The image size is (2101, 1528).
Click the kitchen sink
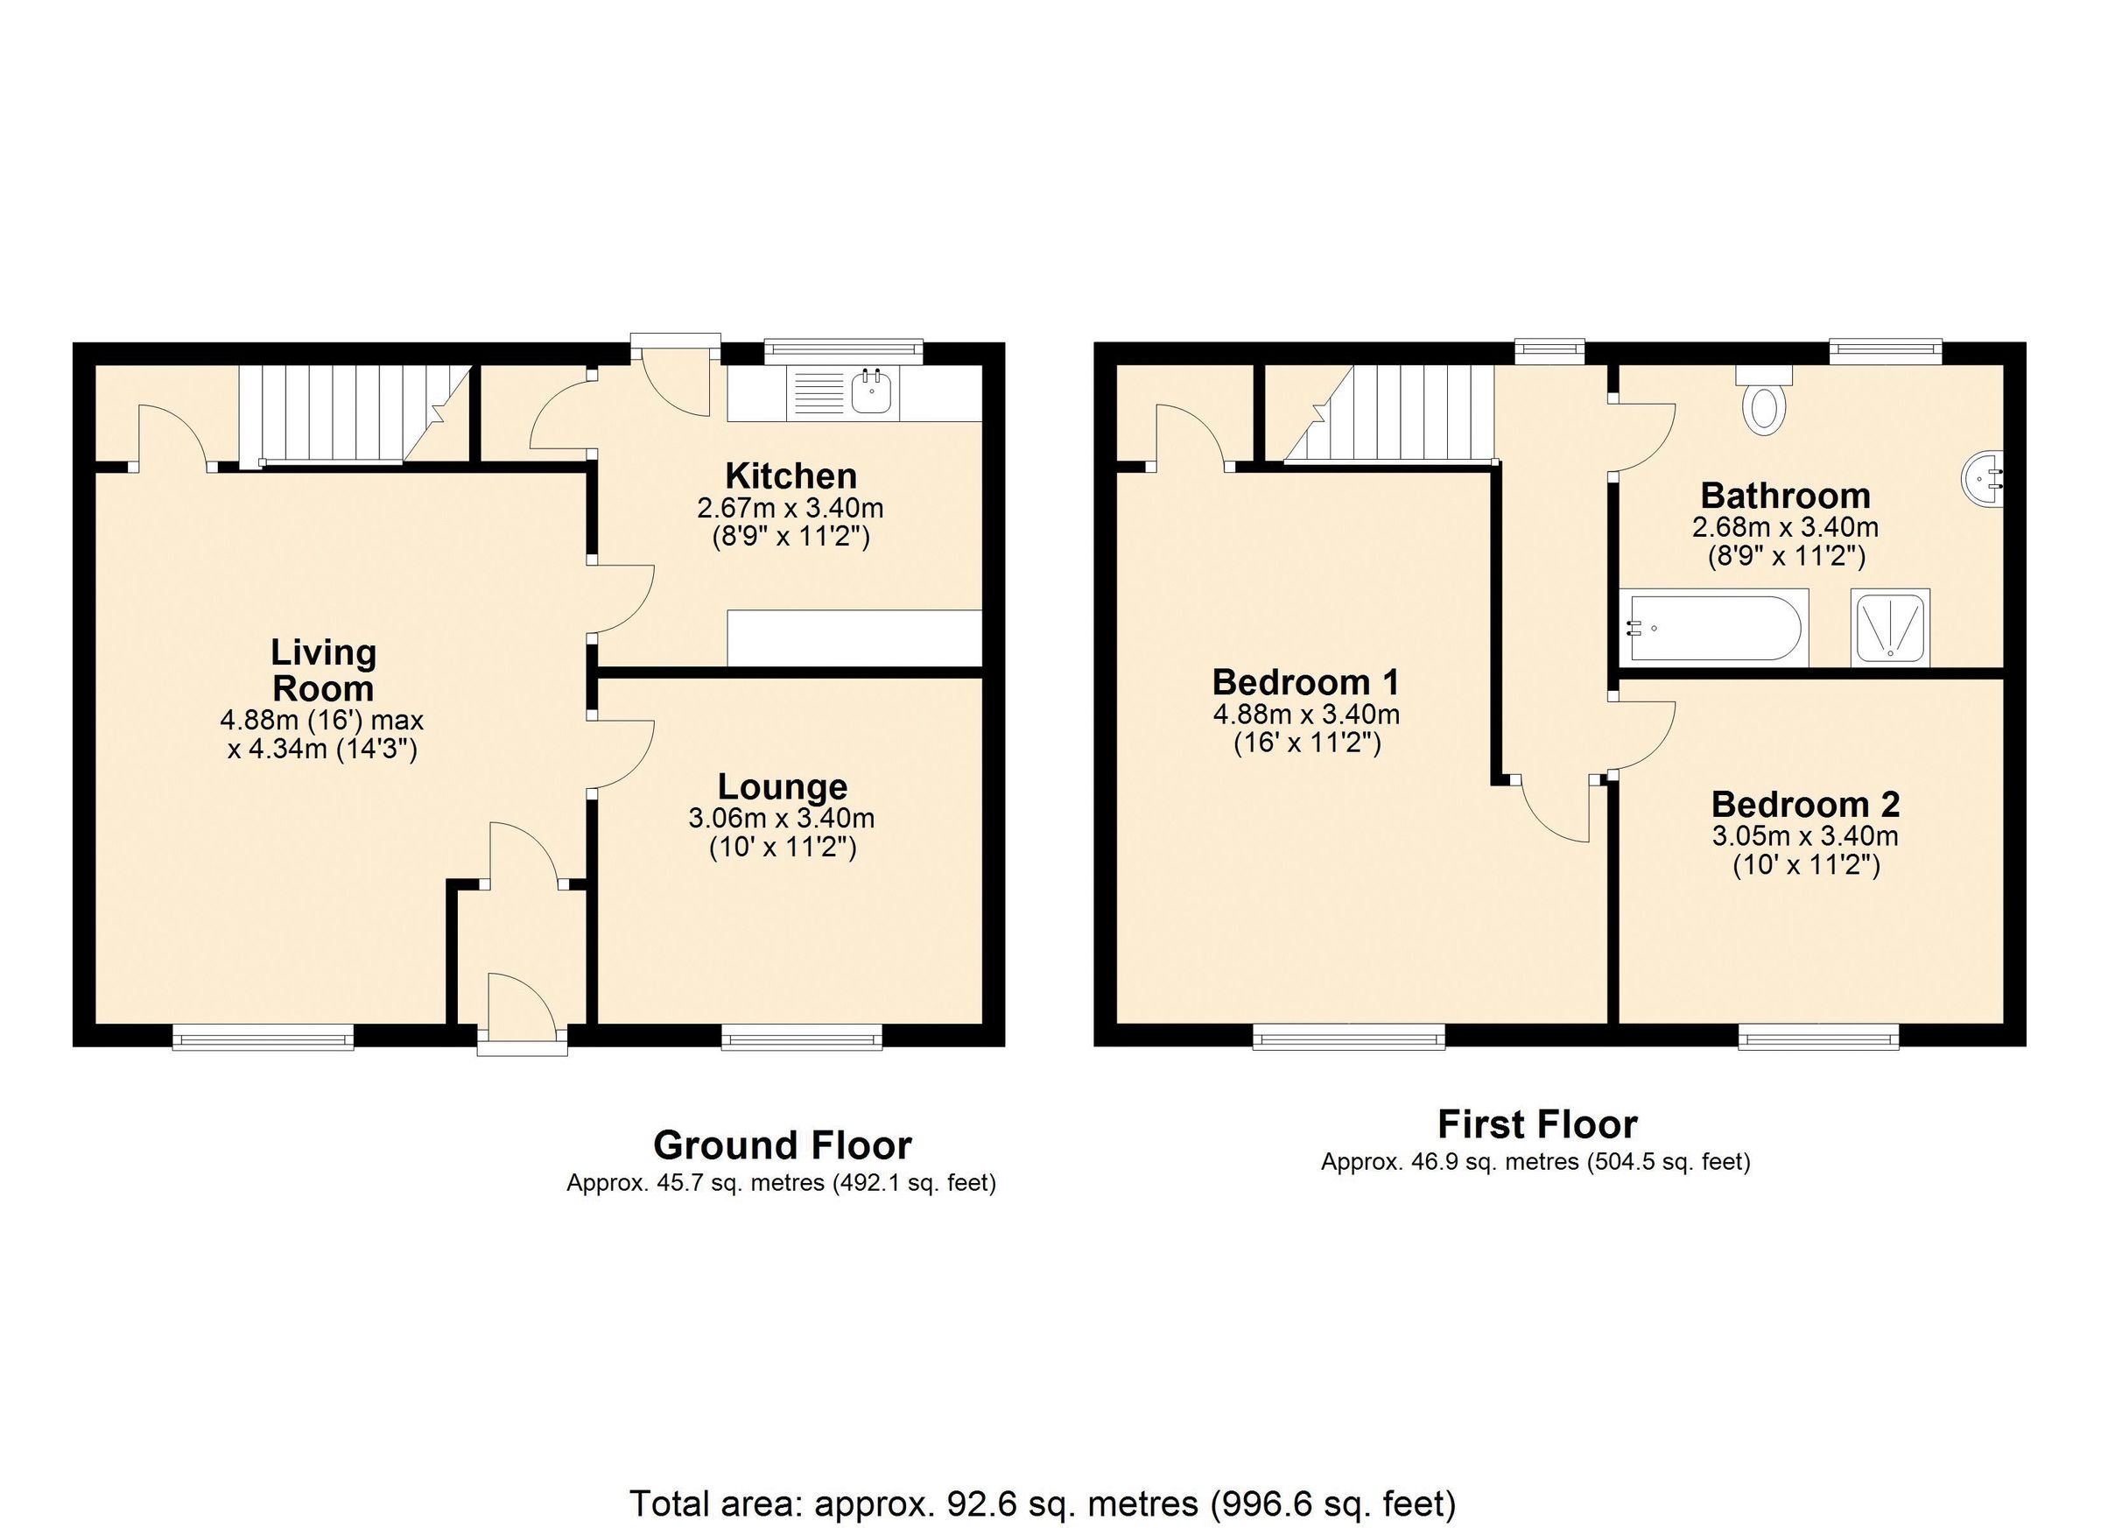coord(871,393)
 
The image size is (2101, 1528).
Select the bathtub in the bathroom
coord(1713,627)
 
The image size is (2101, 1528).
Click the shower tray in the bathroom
coord(1891,627)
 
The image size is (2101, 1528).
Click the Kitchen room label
coord(791,476)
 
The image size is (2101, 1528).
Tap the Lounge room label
coord(782,786)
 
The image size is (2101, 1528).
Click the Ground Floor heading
coord(782,1146)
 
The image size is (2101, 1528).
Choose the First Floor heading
coord(1537,1125)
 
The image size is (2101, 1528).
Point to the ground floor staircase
coord(352,413)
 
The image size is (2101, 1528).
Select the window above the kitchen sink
coord(844,349)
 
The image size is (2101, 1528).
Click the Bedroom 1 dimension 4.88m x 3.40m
coord(1306,715)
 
